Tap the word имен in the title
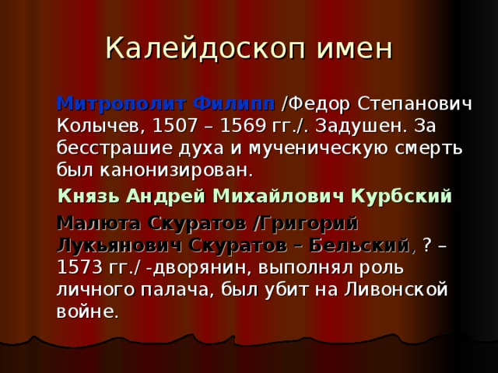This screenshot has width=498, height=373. [352, 48]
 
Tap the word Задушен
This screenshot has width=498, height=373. [353, 125]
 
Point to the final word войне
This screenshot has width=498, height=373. [87, 312]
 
